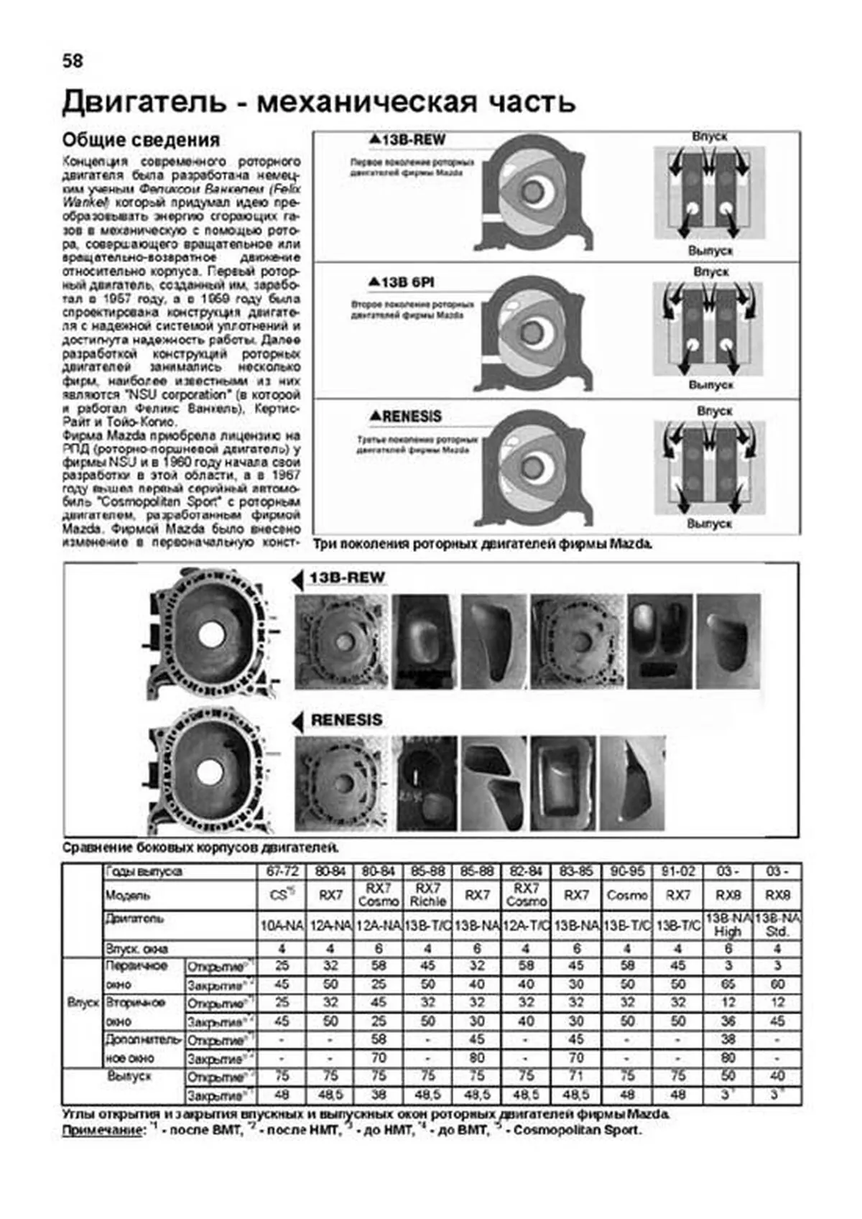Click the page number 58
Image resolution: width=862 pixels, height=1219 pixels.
(73, 61)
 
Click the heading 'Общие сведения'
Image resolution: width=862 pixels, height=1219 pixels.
(141, 139)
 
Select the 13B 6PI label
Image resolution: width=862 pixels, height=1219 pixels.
(402, 282)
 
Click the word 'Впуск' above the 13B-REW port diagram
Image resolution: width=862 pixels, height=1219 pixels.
(710, 136)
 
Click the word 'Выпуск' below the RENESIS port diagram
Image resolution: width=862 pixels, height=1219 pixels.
(710, 524)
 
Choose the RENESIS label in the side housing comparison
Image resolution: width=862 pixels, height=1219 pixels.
(346, 720)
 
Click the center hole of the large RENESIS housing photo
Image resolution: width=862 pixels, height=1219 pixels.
(210, 772)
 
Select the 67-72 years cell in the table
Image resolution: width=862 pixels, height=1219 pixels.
(282, 871)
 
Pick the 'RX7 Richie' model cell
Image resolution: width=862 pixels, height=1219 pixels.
(428, 895)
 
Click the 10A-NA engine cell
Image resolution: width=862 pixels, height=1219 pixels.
(282, 926)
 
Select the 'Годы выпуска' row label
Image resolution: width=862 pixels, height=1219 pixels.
(144, 871)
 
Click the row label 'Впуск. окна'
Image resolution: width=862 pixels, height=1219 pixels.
(136, 948)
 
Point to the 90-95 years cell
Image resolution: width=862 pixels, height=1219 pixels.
(627, 871)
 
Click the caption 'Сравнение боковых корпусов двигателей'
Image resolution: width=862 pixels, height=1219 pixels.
(200, 848)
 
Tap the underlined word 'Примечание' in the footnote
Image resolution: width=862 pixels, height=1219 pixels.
(103, 1130)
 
